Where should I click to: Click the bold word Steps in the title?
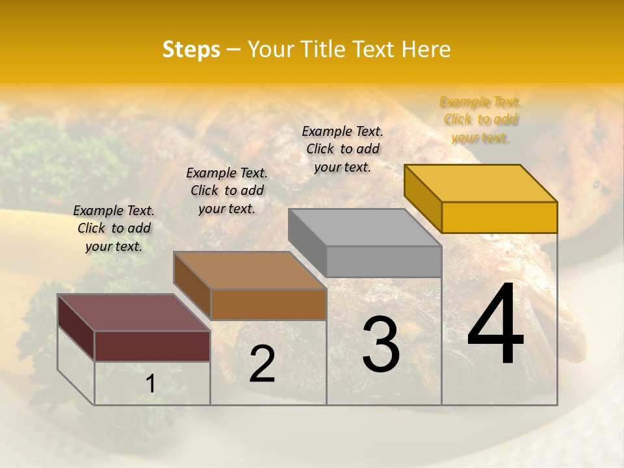tap(191, 49)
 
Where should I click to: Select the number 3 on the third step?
tap(380, 344)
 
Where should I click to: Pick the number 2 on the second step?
tap(262, 364)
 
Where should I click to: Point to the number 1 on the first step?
tap(150, 384)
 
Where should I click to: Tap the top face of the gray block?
tap(365, 227)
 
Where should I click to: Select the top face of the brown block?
tap(250, 270)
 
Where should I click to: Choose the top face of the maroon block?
tap(134, 312)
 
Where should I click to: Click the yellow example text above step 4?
tap(480, 120)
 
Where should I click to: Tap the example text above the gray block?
tap(343, 149)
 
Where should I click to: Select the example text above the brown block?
tap(227, 190)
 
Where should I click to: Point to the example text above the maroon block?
tap(114, 228)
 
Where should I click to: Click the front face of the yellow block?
tap(499, 217)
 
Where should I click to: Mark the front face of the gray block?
tap(383, 262)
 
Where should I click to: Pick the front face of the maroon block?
tap(152, 346)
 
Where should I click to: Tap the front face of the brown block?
tap(268, 304)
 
